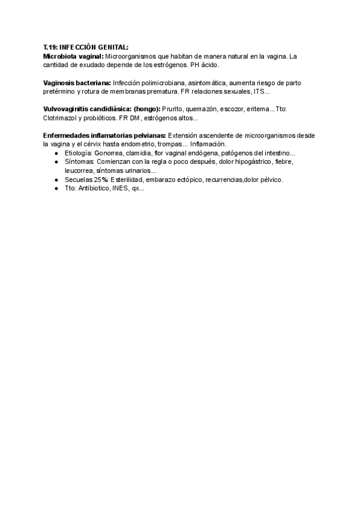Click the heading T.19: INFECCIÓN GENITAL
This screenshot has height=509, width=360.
[86, 47]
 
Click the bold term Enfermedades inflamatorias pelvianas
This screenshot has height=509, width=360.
[104, 135]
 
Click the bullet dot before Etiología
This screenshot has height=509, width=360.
[56, 153]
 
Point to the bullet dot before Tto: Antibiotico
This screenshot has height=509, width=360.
[56, 188]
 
